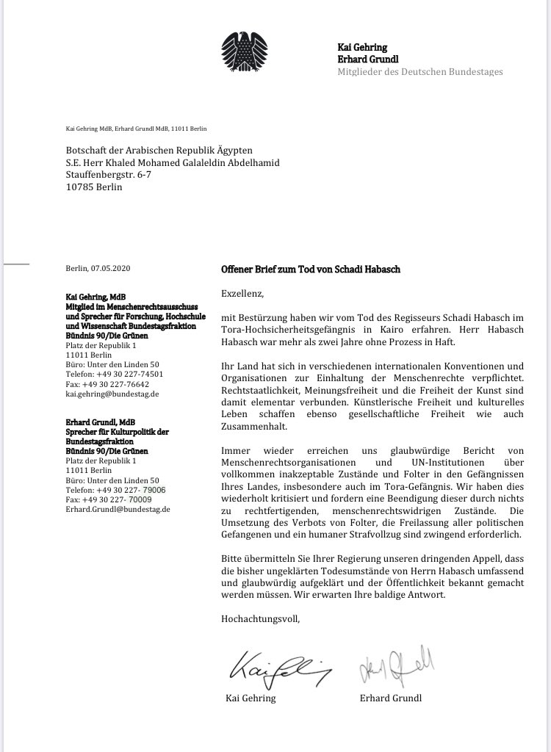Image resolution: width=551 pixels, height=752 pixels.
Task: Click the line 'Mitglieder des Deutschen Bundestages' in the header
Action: point(420,71)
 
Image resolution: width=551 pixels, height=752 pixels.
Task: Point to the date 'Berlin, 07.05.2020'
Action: point(98,270)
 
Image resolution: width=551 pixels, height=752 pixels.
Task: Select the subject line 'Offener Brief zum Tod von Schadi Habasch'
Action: point(310,270)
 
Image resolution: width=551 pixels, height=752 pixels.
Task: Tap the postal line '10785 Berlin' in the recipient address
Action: point(94,187)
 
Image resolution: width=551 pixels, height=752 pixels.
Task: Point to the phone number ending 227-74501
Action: point(115,374)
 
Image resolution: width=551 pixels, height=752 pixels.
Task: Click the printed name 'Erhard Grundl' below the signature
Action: point(392,698)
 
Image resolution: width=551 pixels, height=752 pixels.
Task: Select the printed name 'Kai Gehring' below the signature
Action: point(251,698)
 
